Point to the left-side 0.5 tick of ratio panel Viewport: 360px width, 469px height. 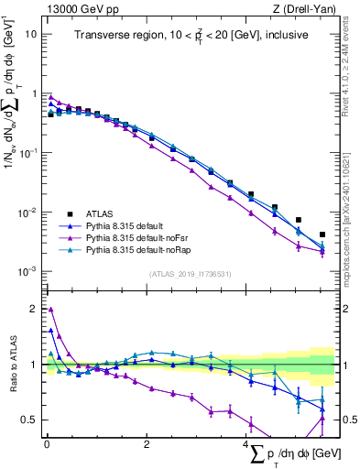pyautogui.click(x=30, y=420)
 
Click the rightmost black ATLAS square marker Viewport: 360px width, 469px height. pyautogui.click(x=322, y=234)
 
